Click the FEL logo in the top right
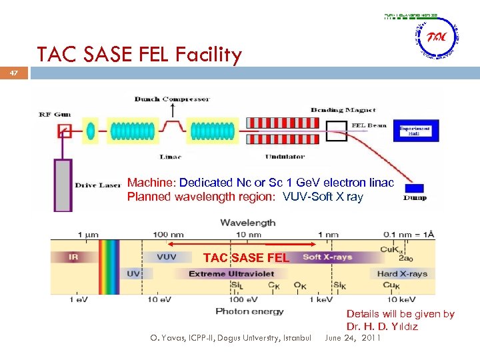point(437,38)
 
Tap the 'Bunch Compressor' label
point(172,99)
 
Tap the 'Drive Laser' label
point(97,185)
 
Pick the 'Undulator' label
point(285,157)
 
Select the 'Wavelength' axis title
point(248,223)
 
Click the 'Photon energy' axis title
point(249,311)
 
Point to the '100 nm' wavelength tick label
point(168,235)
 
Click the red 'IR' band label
point(73,257)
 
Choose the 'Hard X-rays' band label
point(402,274)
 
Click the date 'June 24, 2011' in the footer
point(353,338)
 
